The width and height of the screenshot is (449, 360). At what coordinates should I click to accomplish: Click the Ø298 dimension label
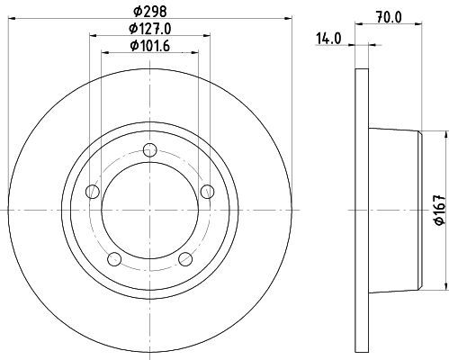(149, 12)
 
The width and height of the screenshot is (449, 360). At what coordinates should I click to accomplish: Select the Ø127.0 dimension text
(149, 29)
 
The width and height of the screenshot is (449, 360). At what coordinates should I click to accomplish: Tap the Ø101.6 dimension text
(149, 46)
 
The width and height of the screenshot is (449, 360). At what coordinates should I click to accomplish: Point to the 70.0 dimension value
(389, 17)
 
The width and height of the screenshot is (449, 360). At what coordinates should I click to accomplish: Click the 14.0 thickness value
(328, 39)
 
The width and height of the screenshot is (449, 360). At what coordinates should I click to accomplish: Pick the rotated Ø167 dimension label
(440, 209)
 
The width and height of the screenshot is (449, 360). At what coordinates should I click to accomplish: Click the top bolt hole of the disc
(149, 149)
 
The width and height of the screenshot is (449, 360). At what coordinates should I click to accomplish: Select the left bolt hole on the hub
(93, 192)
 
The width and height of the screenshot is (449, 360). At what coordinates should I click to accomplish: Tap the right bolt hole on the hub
(207, 192)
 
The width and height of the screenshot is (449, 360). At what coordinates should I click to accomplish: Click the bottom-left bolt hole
(114, 259)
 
